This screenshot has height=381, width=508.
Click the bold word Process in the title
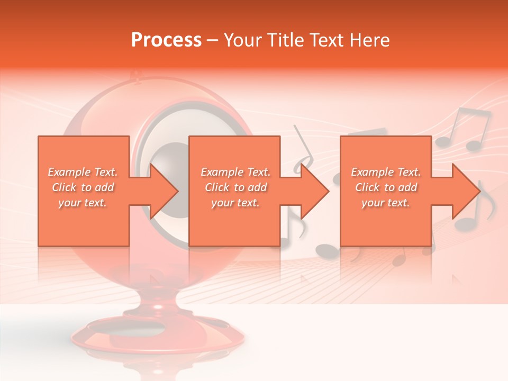pos(166,40)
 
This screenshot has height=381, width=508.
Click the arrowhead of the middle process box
pos(314,191)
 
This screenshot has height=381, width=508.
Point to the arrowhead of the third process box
pos(465,191)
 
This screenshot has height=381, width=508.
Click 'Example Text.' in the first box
pos(83,172)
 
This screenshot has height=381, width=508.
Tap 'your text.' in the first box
pos(83,203)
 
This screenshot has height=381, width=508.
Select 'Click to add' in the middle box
pos(235,187)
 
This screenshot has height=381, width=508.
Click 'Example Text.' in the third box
pos(386,172)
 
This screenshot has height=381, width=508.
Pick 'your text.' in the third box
pos(386,203)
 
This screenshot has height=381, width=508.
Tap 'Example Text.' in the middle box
pos(235,172)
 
